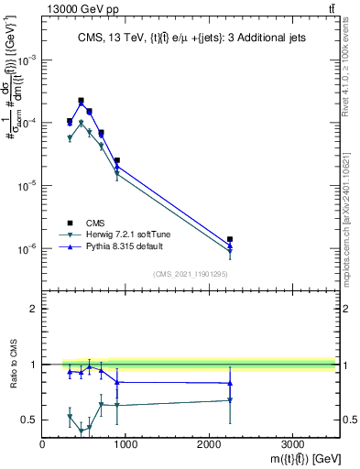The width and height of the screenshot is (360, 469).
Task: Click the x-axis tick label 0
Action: (x=43, y=445)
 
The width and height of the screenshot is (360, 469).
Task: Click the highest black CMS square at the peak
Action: (x=81, y=101)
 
